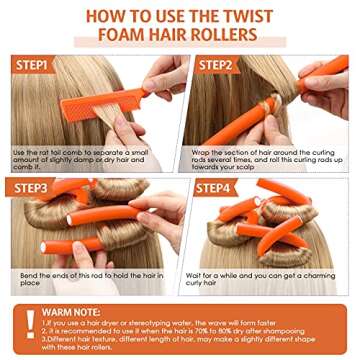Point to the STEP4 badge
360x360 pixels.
(x=215, y=186)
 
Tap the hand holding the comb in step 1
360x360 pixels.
(x=160, y=80)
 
